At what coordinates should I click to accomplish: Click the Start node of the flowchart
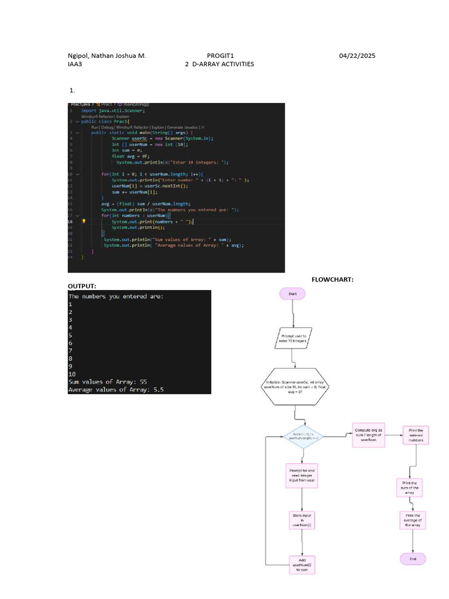point(292,293)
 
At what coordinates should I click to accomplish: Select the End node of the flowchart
point(413,559)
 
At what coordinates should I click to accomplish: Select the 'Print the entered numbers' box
point(416,435)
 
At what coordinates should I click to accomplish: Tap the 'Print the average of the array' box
point(413,520)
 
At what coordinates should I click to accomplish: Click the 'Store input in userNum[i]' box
point(302,520)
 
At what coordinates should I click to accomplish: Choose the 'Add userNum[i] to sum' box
point(302,564)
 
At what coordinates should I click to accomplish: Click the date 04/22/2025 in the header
point(357,56)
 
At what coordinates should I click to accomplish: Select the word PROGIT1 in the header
point(220,56)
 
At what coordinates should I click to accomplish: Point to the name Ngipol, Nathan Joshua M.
point(107,56)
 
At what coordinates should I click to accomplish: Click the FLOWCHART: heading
point(332,280)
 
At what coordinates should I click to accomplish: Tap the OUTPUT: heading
point(82,286)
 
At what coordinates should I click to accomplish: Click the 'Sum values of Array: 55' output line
point(108,381)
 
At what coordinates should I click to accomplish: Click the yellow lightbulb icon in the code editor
point(85,222)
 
